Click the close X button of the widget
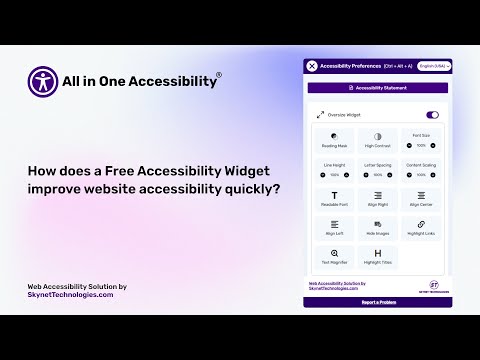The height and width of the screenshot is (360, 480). coord(312,66)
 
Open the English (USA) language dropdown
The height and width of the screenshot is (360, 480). coord(435,66)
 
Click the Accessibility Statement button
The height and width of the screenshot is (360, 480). coord(379,88)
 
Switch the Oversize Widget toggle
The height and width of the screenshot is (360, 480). coord(433,115)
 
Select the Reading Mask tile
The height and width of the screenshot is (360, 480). coord(335,139)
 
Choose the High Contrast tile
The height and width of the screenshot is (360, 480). coord(378,139)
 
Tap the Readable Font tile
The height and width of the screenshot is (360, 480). coord(335,199)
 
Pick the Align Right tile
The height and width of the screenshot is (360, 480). coord(378,199)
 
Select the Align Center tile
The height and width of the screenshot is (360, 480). coord(421,199)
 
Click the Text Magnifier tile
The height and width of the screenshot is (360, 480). coord(335,257)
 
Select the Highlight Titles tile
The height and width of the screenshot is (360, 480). coord(378,257)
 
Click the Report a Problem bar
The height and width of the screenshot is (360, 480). coord(379,301)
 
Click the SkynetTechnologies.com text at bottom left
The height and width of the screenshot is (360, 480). coord(70,295)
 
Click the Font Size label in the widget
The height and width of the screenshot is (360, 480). coord(421,133)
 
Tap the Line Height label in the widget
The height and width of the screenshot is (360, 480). coord(335,167)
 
